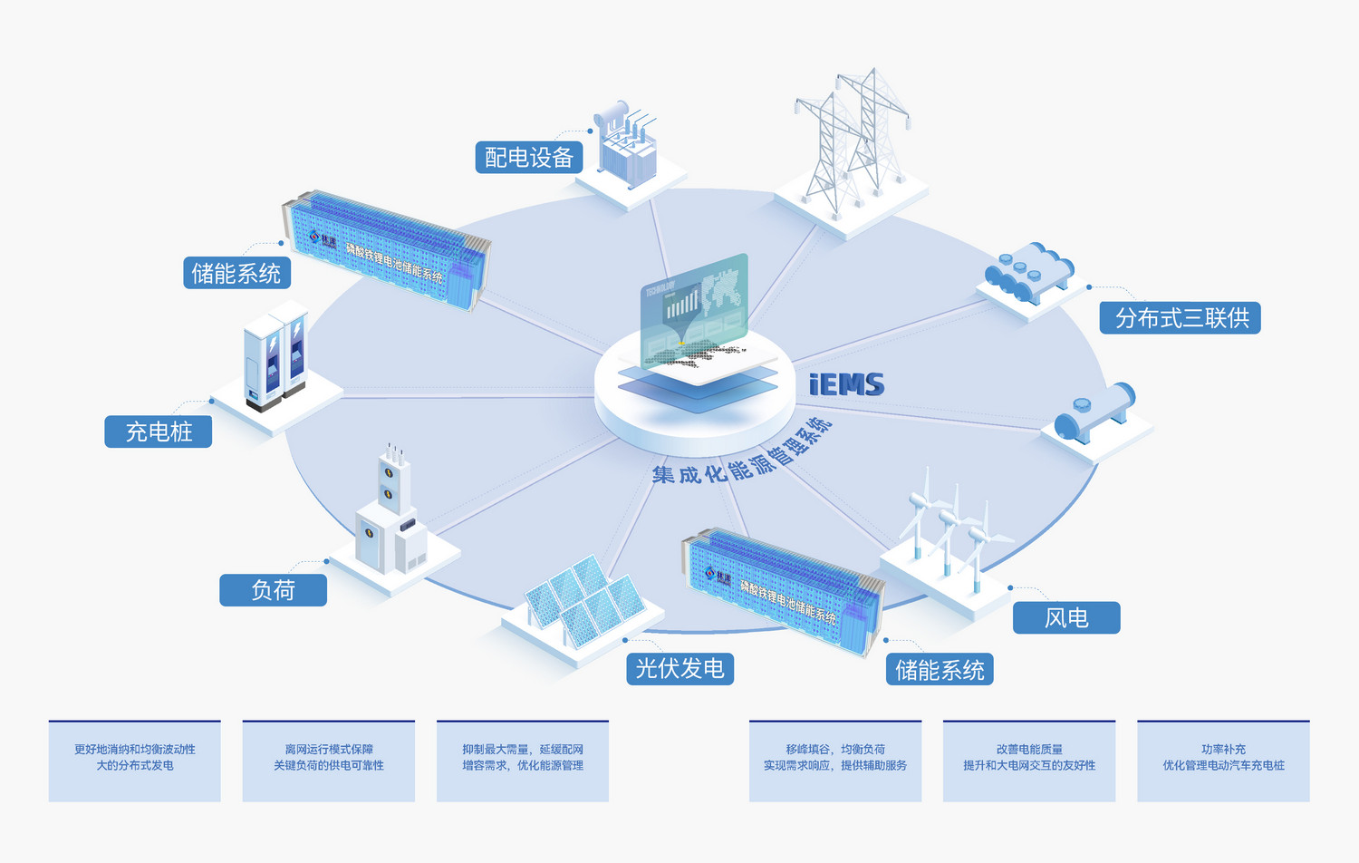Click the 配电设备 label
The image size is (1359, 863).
529,158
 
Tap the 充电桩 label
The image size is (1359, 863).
159,431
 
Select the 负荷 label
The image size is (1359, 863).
273,590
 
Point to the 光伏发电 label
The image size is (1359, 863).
679,669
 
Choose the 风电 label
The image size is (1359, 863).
1066,618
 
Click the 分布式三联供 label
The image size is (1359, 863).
1180,318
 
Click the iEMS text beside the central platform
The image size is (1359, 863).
846,385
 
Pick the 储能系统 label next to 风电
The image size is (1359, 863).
940,670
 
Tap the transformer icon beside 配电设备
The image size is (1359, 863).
626,145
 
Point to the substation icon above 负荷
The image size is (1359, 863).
390,517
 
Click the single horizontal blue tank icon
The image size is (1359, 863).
1094,414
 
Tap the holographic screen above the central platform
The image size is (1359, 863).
695,308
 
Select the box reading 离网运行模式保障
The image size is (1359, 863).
329,761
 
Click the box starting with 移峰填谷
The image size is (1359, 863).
835,761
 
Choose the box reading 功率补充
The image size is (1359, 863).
1223,761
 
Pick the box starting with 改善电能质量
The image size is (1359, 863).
1029,761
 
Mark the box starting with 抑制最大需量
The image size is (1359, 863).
523,761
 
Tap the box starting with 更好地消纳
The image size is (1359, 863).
135,761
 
